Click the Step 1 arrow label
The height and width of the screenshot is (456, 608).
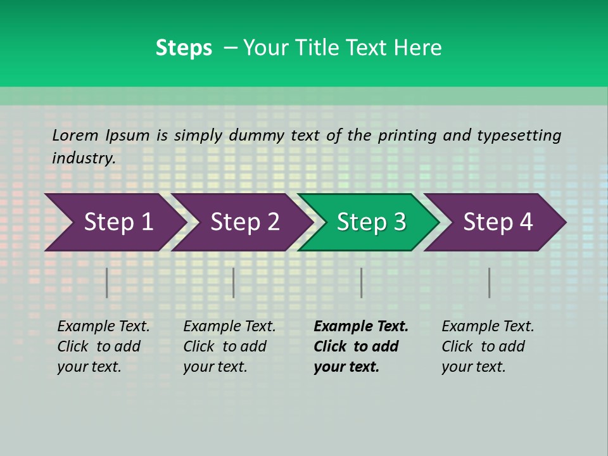click(118, 222)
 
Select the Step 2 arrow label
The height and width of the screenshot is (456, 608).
click(245, 222)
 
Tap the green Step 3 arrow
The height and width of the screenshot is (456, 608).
click(371, 222)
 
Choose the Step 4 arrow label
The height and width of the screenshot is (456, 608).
click(498, 222)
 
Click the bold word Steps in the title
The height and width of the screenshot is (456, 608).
click(184, 48)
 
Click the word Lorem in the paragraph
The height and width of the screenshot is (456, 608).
click(75, 135)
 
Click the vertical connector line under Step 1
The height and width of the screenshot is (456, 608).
click(107, 282)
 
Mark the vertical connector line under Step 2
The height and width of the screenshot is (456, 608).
click(234, 282)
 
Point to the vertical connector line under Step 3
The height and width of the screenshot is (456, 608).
click(361, 282)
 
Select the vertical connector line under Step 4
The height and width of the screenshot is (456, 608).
click(489, 282)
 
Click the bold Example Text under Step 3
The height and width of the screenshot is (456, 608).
click(361, 327)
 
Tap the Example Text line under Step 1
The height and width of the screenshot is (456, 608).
click(103, 327)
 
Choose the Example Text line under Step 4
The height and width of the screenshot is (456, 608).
click(488, 327)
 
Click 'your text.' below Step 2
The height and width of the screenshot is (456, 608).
click(215, 367)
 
